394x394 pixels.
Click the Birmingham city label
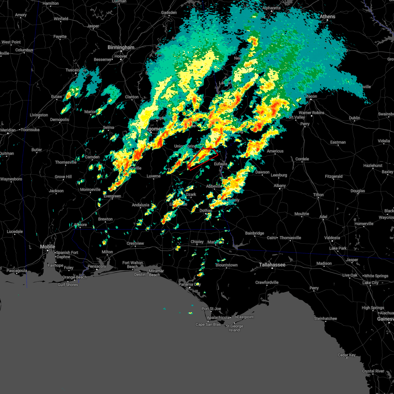[x=121, y=48]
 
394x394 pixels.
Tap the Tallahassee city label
[x=272, y=265]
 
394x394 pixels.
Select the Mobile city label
[x=48, y=247]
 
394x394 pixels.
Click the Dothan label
[x=206, y=210]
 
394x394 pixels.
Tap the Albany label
[x=280, y=186]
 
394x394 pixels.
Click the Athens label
[x=327, y=16]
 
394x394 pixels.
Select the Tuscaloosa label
[x=76, y=70]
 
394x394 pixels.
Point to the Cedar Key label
[x=347, y=355]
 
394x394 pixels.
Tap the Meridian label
[x=8, y=130]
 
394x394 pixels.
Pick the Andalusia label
[x=141, y=205]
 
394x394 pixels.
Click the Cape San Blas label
[x=208, y=324]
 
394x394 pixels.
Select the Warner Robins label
[x=311, y=113]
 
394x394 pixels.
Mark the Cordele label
[x=302, y=159]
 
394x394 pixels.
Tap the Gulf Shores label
[x=68, y=285]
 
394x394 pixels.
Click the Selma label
[x=108, y=127]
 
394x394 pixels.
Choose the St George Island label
[x=234, y=328]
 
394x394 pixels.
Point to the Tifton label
[x=318, y=195]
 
